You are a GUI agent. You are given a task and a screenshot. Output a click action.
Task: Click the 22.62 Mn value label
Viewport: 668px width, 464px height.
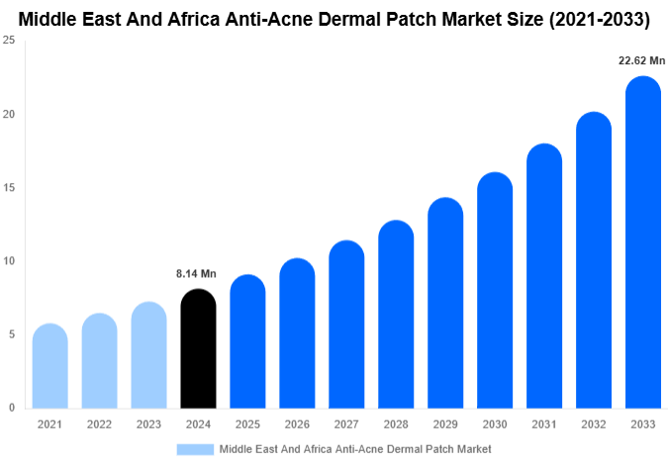(x=641, y=60)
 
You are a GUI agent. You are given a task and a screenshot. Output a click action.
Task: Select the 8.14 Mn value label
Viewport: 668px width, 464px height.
(x=196, y=273)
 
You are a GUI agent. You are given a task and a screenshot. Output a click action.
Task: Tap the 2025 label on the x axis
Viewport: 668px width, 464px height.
(x=247, y=423)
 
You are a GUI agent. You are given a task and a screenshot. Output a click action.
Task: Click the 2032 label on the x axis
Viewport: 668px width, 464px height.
(x=594, y=423)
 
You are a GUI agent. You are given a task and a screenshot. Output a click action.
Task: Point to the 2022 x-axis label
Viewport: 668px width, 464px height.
(x=99, y=423)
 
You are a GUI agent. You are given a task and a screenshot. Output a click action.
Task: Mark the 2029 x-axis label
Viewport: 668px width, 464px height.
(x=445, y=423)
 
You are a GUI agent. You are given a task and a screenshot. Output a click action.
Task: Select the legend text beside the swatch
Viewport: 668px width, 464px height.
(x=354, y=448)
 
